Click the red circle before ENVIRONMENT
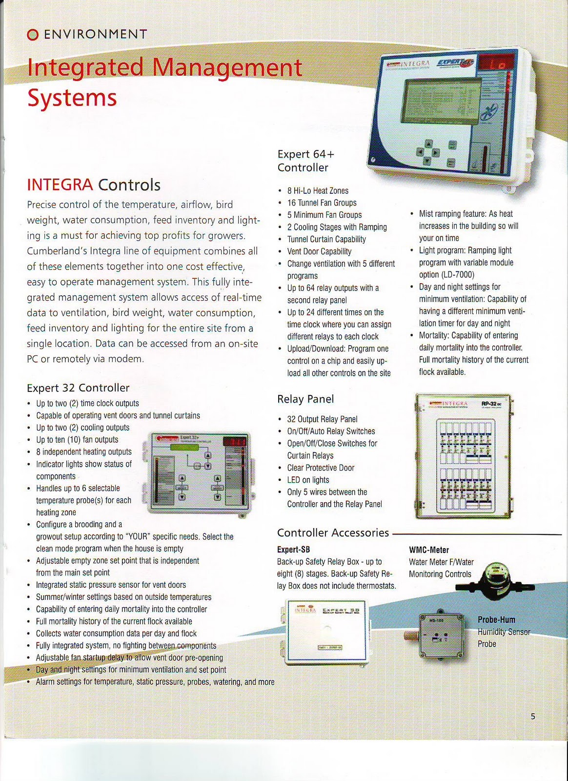pos(32,35)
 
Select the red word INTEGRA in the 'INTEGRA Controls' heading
pos(60,185)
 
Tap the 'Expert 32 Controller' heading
pos(78,388)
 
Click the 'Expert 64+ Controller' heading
pos(306,161)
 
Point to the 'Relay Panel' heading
pos(305,399)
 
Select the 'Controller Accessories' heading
pos(333,533)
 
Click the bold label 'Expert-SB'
pos(293,550)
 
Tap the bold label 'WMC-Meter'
pos(428,550)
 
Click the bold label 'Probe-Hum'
pos(496,620)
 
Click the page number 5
pos(533,717)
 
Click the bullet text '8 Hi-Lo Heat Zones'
pos(318,191)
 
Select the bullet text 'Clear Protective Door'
pos(321,468)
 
